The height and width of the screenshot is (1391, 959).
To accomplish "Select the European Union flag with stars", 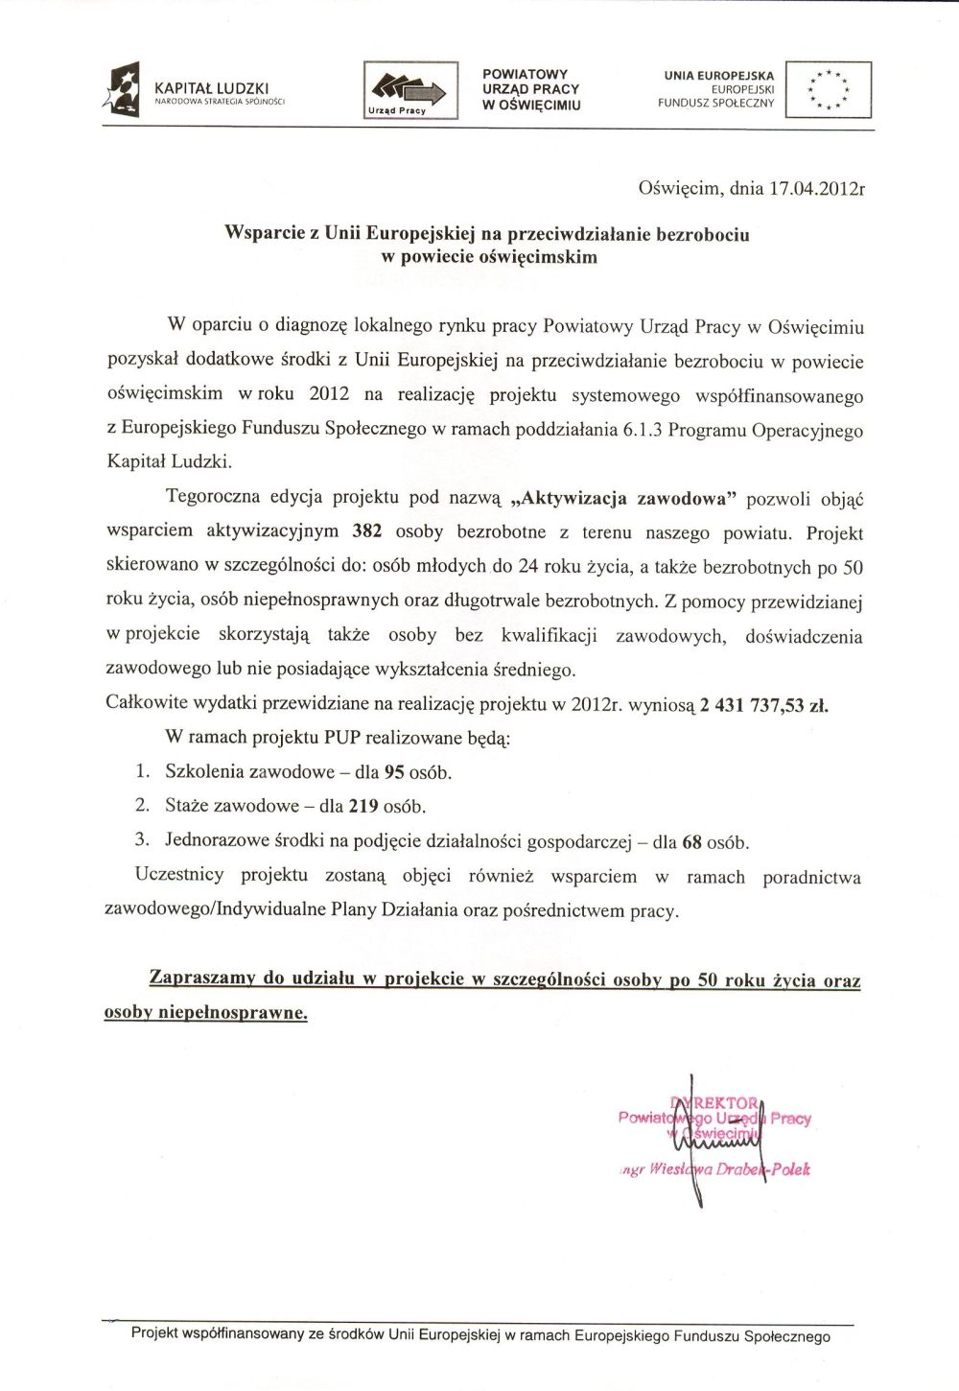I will coord(828,89).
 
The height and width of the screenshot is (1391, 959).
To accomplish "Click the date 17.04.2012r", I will coord(816,189).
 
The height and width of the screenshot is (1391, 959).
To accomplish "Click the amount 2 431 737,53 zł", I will coord(763,706).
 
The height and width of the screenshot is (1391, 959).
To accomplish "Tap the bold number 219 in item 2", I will coord(362,807).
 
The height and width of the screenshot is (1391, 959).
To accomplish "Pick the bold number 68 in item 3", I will coord(691,842).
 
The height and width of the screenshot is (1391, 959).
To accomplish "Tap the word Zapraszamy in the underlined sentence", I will coord(202,979).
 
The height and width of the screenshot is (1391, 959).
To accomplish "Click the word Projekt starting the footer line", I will coord(153,1334).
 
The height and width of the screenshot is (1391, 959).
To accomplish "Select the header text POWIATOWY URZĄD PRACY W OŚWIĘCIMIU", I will coord(530,90).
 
